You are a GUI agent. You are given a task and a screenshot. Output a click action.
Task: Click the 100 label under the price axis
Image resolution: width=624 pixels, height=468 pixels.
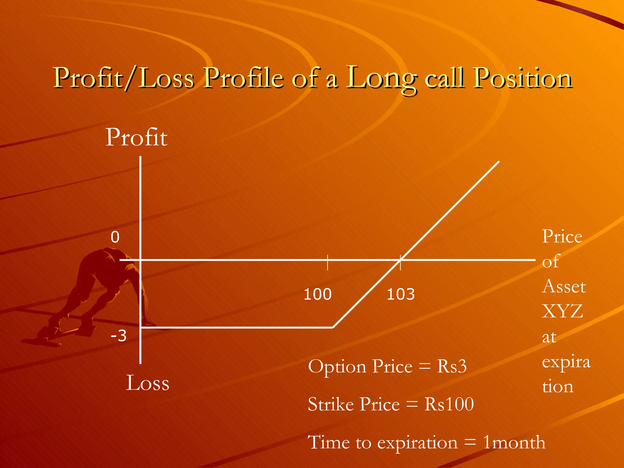pos(317,294)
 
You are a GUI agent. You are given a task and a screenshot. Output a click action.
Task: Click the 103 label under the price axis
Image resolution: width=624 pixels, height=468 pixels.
pos(400,294)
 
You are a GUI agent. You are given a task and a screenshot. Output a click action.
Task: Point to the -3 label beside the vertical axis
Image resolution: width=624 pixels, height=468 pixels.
pos(119,336)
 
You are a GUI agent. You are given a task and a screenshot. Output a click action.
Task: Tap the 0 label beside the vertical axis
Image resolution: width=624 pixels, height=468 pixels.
pos(115,237)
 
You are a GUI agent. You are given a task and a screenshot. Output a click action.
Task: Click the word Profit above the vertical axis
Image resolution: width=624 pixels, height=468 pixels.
pos(136,137)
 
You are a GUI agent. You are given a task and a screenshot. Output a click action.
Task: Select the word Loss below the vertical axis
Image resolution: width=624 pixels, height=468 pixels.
pos(147,383)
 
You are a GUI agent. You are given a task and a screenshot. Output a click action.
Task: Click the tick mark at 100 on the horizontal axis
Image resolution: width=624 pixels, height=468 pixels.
pos(328,262)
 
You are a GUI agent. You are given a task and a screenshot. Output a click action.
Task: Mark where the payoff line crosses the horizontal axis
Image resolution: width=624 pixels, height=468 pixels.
pos(400,260)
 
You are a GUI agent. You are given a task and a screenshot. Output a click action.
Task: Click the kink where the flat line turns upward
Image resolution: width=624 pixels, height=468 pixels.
pos(333,328)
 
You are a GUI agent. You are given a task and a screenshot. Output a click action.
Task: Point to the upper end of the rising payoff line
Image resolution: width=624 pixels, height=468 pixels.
pos(498,162)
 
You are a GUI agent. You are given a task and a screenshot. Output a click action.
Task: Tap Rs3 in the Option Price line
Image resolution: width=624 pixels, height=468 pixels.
pos(452,366)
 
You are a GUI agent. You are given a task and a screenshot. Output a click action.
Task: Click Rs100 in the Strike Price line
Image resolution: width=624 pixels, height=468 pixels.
pos(449,404)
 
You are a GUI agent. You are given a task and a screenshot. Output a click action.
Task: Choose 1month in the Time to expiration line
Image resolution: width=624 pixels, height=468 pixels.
pos(514,442)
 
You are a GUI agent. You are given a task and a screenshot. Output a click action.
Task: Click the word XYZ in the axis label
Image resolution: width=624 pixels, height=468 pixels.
pos(562,311)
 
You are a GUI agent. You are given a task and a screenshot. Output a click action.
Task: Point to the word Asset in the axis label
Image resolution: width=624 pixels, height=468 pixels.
pos(564,286)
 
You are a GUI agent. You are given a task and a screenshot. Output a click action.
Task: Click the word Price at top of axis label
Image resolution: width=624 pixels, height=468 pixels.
pos(562,236)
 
